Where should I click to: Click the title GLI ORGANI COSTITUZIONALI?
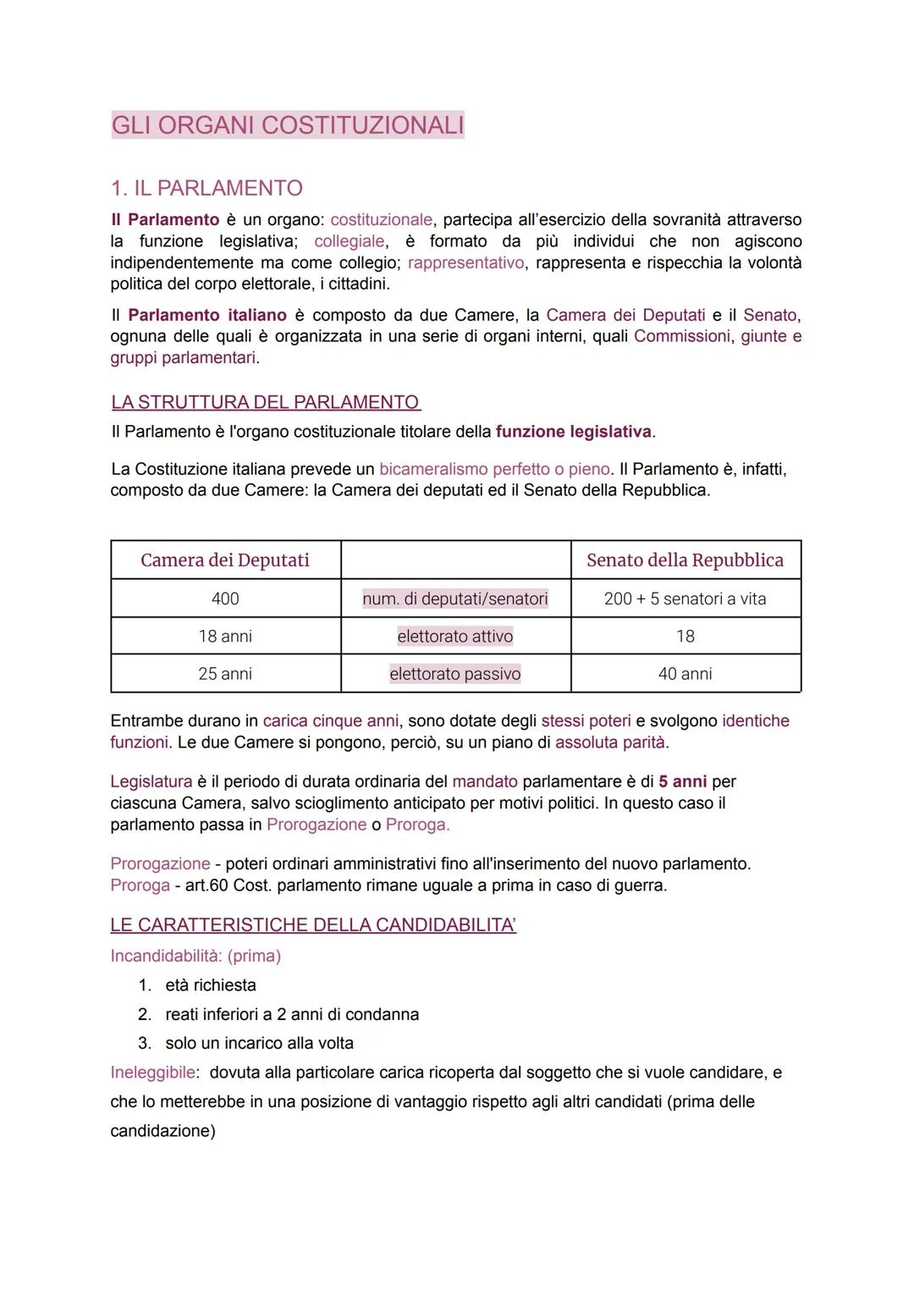click(x=288, y=125)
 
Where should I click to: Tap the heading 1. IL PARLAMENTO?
click(x=206, y=187)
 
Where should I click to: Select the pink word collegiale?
click(x=349, y=241)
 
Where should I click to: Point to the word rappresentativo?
click(x=465, y=262)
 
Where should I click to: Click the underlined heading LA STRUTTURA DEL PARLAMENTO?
click(x=266, y=402)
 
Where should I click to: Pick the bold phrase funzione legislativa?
click(x=573, y=432)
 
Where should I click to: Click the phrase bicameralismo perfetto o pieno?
click(x=494, y=469)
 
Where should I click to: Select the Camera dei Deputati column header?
click(x=225, y=560)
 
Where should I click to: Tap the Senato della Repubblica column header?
click(x=685, y=560)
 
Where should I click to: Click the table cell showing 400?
click(x=225, y=599)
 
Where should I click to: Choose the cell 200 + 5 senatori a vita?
click(x=685, y=599)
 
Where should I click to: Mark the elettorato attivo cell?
click(x=455, y=636)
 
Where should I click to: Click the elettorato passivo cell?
click(x=455, y=674)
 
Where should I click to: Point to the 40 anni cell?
click(x=685, y=674)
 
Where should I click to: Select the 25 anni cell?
click(x=225, y=674)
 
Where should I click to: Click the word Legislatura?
click(x=151, y=781)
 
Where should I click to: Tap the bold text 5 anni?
click(x=682, y=781)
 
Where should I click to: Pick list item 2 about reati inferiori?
click(x=291, y=1014)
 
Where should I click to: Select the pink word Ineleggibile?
click(x=152, y=1073)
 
